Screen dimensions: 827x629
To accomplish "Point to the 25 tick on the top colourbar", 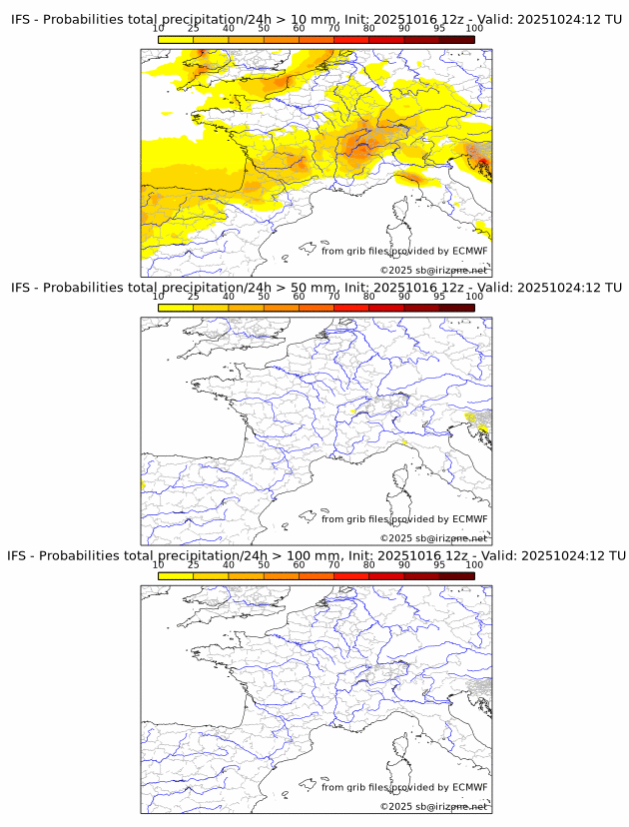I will (193, 30).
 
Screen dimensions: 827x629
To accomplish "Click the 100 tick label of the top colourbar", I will (474, 30).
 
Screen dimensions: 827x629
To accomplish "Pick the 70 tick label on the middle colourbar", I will (333, 297).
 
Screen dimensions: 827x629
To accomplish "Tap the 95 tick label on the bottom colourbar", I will (439, 564).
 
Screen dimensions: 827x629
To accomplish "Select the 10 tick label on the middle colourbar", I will (159, 297).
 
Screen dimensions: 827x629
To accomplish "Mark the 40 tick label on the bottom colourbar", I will (229, 564).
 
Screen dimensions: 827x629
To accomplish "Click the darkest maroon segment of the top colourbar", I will (456, 39).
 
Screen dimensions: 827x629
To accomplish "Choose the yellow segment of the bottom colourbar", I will (176, 575).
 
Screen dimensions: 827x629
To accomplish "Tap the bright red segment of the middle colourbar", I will (350, 308).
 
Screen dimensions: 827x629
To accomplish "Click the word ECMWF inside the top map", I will (470, 251).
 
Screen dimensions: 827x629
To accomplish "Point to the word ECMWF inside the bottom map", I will (470, 787).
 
